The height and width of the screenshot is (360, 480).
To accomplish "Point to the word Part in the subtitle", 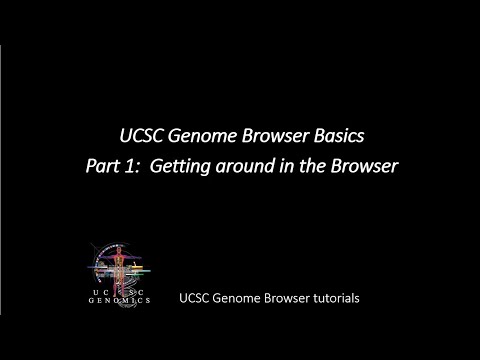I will [x=132, y=166].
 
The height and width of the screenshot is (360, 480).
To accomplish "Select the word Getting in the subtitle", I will [x=205, y=166].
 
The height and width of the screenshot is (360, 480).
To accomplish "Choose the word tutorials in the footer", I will [x=332, y=298].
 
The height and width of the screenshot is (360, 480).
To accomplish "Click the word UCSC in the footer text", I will [x=194, y=298].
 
